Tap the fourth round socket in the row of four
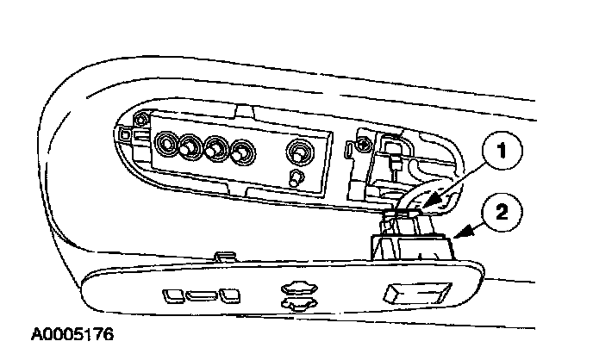tap(243, 154)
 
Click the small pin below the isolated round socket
tap(295, 179)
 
